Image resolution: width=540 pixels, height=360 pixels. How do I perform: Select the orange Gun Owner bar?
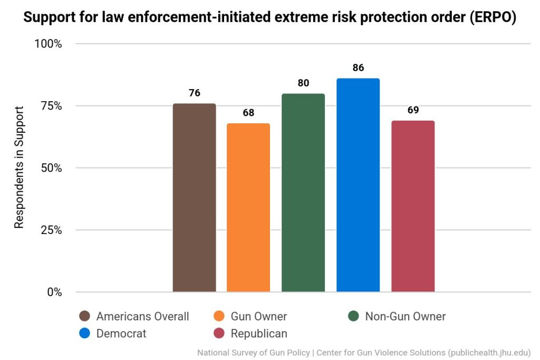click(248, 208)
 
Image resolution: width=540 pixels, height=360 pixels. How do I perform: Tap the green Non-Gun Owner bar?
click(303, 193)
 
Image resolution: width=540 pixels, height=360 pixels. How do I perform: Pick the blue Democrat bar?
click(358, 185)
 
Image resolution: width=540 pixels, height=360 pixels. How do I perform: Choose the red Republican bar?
click(413, 206)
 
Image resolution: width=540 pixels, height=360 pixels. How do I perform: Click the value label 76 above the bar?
click(194, 93)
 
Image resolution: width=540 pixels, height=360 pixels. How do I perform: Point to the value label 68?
click(248, 113)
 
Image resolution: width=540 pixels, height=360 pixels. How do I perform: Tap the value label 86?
click(358, 68)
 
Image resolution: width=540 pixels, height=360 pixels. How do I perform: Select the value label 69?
click(413, 110)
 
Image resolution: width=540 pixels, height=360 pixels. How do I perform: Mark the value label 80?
click(303, 83)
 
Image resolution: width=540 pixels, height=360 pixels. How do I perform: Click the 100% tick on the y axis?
click(48, 44)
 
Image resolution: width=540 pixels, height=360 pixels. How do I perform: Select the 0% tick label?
click(54, 292)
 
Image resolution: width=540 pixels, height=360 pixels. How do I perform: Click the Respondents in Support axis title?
click(19, 168)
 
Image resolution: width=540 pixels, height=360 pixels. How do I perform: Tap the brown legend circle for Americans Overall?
click(84, 316)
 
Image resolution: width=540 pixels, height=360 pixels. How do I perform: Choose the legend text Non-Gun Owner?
click(405, 316)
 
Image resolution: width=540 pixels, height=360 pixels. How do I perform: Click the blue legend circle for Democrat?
click(84, 333)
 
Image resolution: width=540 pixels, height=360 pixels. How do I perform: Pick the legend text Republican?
click(259, 333)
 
